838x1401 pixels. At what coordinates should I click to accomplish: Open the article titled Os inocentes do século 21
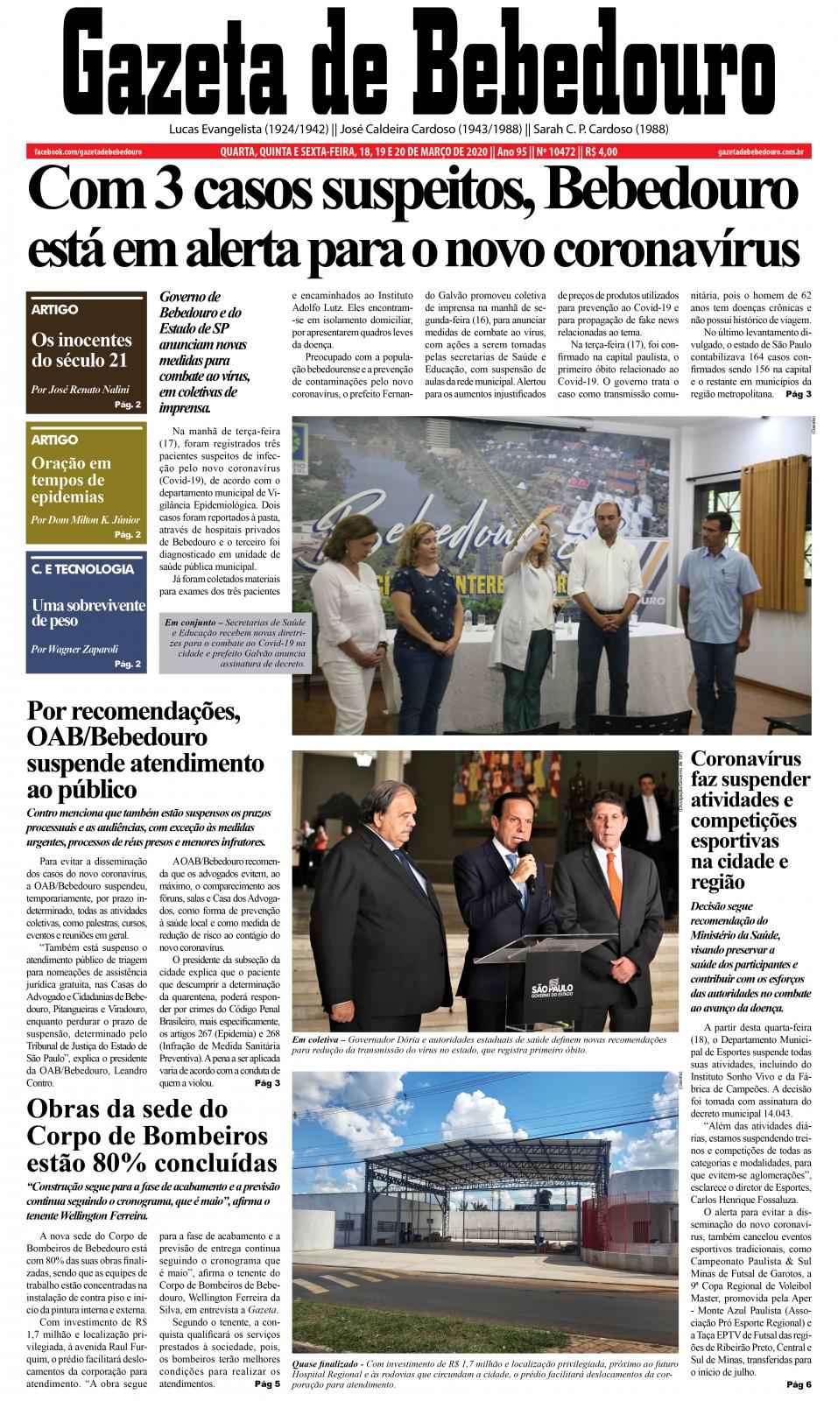click(81, 350)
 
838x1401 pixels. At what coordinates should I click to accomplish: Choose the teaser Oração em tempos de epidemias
click(71, 480)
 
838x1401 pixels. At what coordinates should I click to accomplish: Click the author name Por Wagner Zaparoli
click(74, 649)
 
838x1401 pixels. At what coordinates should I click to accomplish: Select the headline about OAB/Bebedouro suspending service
click(145, 749)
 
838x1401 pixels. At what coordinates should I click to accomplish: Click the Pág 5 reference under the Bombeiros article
click(267, 1384)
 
